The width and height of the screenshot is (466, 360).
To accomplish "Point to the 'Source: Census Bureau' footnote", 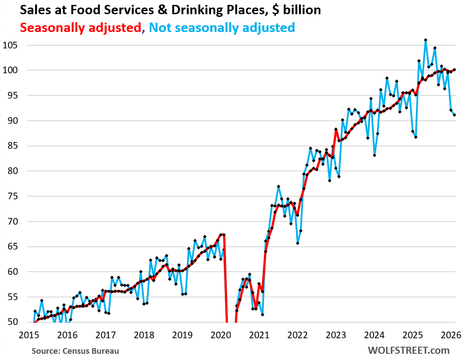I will (75, 351).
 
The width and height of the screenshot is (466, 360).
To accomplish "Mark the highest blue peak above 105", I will (426, 40).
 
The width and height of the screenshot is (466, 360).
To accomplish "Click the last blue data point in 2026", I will (454, 115).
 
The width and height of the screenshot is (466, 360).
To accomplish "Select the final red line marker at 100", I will (454, 70).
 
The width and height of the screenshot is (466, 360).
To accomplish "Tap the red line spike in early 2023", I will (336, 129).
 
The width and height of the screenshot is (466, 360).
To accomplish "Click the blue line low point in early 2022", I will (298, 243).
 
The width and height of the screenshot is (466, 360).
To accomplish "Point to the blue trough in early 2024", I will (374, 155).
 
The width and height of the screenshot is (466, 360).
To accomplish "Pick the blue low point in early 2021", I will (263, 315).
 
